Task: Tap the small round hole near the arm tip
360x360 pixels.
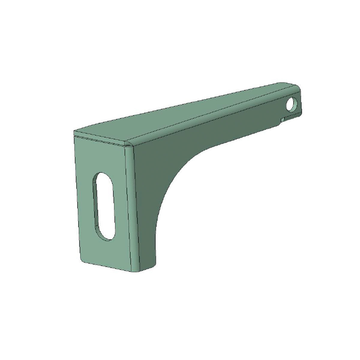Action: click(291, 105)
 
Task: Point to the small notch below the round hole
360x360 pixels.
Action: click(282, 120)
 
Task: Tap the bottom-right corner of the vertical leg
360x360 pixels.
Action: click(155, 260)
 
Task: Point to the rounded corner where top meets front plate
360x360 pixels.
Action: click(129, 145)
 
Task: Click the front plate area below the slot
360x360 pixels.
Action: click(108, 252)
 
